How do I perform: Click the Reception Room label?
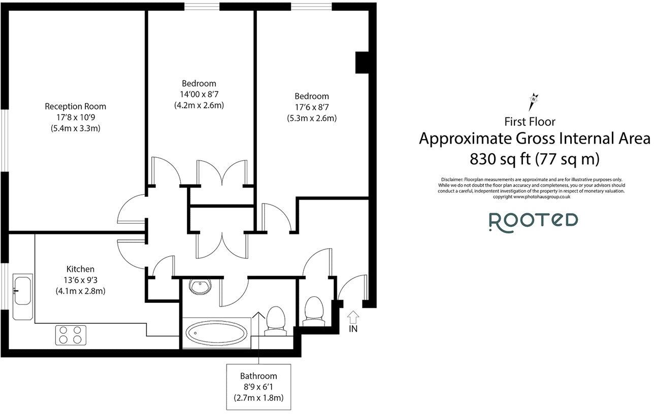point(76,107)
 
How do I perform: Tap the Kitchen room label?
point(80,269)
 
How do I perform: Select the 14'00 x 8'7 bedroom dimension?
point(199,94)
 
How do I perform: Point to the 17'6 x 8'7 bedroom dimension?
point(312,107)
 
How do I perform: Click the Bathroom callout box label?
point(258,376)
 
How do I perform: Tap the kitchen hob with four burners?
point(70,335)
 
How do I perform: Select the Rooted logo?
point(533,221)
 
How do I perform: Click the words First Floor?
point(530,122)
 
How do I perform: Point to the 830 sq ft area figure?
point(500,159)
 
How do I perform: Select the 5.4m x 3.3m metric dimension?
point(76,128)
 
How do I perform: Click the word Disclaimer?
point(452,180)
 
